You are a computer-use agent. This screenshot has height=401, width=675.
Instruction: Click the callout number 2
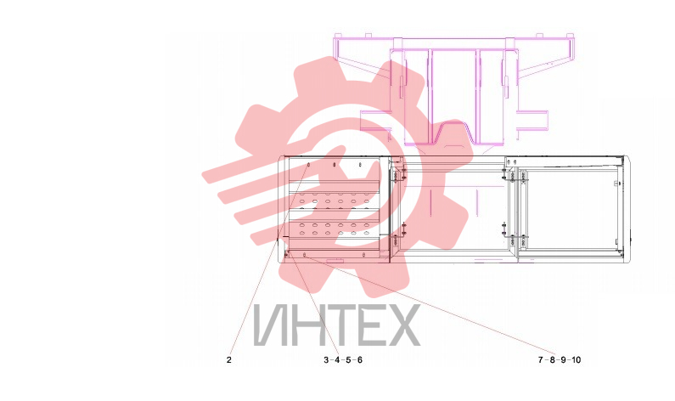click(x=229, y=359)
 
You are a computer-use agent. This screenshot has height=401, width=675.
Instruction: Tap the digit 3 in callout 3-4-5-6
click(x=326, y=359)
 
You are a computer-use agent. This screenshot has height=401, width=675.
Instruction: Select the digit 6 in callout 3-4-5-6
click(x=360, y=359)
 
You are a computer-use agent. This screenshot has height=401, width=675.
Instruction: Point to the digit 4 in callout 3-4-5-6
click(x=337, y=359)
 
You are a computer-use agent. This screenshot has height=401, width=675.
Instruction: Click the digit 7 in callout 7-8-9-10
click(x=541, y=359)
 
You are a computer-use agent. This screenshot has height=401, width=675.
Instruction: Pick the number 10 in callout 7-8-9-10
click(x=577, y=359)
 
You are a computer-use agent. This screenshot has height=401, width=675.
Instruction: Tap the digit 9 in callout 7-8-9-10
click(x=563, y=359)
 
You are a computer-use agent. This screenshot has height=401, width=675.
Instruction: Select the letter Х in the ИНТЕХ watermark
click(x=401, y=325)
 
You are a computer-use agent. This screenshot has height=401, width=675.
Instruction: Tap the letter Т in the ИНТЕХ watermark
click(x=339, y=325)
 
